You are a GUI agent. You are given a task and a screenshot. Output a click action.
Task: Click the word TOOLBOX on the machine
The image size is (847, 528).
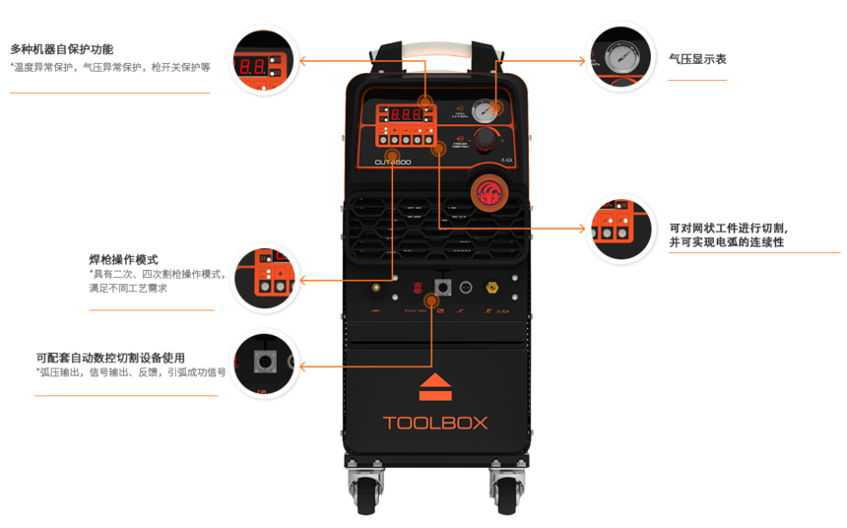[435, 423]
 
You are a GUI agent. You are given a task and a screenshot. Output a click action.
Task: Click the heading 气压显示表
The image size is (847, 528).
[697, 59]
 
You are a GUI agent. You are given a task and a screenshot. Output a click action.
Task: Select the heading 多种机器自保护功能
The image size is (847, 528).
[61, 49]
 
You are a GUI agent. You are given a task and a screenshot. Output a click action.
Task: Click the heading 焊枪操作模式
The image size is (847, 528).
[123, 259]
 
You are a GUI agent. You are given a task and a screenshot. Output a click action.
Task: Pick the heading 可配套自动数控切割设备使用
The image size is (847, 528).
[110, 358]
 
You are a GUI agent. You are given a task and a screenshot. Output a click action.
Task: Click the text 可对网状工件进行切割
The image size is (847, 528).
[729, 228]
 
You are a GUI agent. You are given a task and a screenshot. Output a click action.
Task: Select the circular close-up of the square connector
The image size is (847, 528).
[264, 364]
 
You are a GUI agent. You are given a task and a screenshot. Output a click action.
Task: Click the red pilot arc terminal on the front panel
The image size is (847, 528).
[417, 289]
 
